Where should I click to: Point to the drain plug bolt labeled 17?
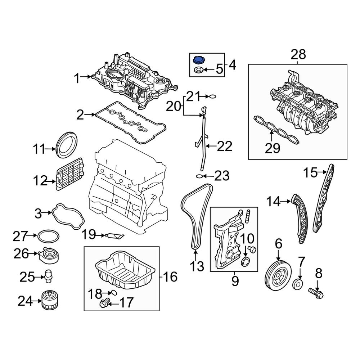(104, 303)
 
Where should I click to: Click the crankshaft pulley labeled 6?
(278, 275)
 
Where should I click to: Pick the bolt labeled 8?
(316, 293)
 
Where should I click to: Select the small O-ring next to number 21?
(213, 96)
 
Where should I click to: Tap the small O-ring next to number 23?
(199, 176)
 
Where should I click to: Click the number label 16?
(170, 277)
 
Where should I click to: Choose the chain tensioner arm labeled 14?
(300, 219)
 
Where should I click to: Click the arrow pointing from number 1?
(86, 77)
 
